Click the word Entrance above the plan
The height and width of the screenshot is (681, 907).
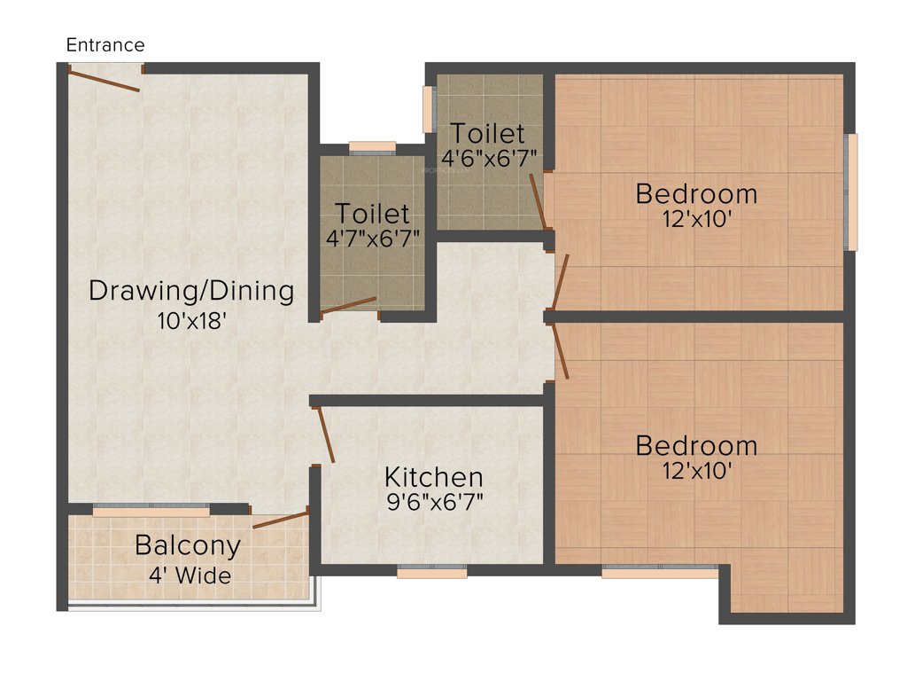(105, 45)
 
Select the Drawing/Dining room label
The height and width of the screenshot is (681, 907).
(190, 291)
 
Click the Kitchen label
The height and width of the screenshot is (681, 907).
(433, 477)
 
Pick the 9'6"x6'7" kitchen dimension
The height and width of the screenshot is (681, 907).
(433, 502)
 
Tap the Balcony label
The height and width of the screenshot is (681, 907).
(187, 545)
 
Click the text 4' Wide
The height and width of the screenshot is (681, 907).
(190, 575)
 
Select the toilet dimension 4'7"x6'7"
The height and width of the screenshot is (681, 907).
(372, 238)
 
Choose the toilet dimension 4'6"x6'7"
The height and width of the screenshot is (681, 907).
(489, 159)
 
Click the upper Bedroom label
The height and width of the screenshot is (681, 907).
(696, 193)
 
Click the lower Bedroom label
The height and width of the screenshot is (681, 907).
(696, 445)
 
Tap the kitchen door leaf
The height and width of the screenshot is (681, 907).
(325, 434)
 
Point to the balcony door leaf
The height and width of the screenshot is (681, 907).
(280, 520)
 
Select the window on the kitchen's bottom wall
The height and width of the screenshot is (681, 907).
(431, 573)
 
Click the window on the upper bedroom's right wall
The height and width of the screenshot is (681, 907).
(852, 192)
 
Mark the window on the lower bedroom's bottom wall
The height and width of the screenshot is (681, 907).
(660, 573)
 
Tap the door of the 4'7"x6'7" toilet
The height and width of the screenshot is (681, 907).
(348, 305)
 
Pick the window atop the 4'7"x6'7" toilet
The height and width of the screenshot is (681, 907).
(372, 147)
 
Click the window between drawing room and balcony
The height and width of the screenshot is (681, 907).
(151, 511)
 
